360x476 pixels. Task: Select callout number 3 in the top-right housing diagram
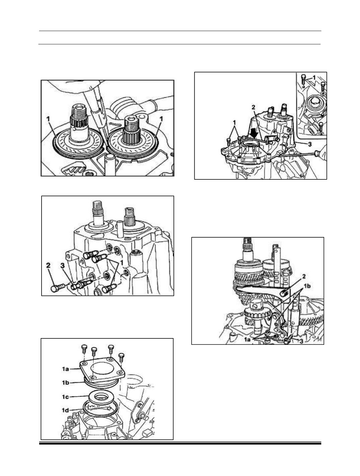click(x=310, y=144)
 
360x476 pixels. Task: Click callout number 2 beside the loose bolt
click(x=48, y=265)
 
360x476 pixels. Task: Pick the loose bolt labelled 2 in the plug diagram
click(x=57, y=288)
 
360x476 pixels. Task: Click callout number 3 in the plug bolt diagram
click(x=63, y=265)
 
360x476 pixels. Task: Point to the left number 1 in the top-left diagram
click(x=48, y=119)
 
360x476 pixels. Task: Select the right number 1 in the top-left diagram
click(x=161, y=119)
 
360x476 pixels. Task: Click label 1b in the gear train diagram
click(x=307, y=286)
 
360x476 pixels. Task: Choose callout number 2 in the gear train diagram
click(x=304, y=276)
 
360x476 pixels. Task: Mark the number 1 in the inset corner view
click(x=314, y=77)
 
